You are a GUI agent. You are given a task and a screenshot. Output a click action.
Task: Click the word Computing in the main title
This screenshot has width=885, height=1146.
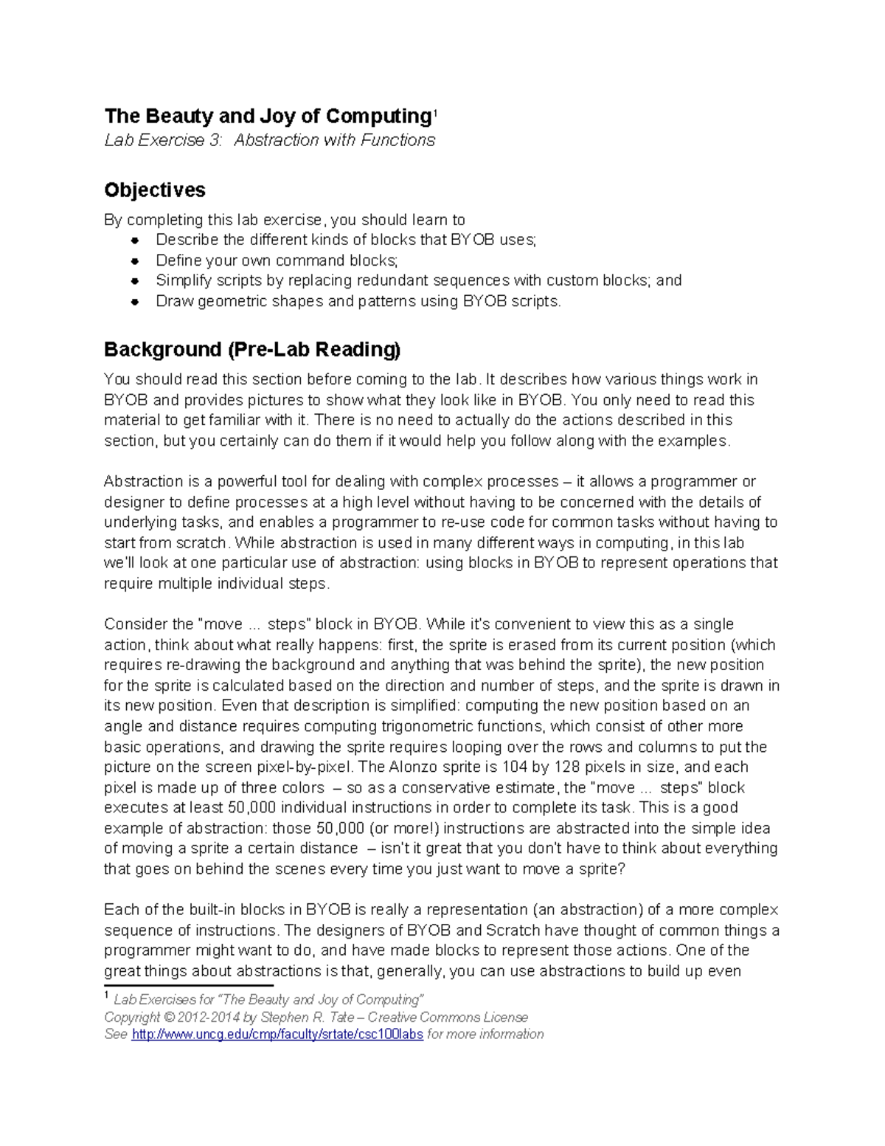pos(378,117)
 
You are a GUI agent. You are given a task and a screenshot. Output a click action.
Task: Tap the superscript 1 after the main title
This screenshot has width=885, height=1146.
pos(435,113)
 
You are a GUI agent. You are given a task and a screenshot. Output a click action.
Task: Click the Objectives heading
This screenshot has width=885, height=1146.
pos(155,190)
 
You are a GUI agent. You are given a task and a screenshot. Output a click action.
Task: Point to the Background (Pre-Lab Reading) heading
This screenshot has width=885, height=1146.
pos(251,349)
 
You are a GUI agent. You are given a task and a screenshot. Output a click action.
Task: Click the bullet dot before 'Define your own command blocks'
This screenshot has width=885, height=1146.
pos(135,260)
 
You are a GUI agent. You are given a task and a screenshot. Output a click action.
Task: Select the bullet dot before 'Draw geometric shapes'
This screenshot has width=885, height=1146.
pos(135,301)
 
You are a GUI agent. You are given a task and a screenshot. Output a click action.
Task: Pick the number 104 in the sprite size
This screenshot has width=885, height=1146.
pos(515,767)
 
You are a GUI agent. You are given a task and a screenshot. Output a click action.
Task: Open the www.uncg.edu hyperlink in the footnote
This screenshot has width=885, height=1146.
pos(277,1034)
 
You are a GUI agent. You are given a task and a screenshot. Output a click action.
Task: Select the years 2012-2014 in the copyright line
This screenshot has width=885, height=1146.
pos(209,1017)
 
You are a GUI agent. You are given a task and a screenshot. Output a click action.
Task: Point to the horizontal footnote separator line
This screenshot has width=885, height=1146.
pos(188,985)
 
